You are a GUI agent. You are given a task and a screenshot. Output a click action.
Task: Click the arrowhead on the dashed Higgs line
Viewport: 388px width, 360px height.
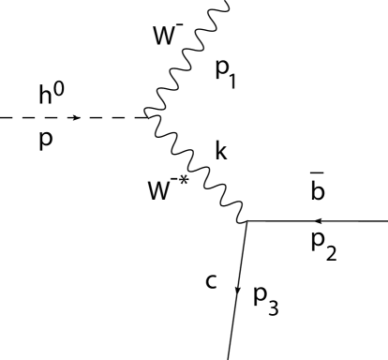pos(78,118)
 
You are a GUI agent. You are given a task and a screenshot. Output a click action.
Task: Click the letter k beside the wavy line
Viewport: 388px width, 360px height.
pos(220,152)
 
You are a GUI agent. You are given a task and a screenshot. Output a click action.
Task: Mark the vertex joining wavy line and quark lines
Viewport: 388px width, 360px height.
pos(246,221)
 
